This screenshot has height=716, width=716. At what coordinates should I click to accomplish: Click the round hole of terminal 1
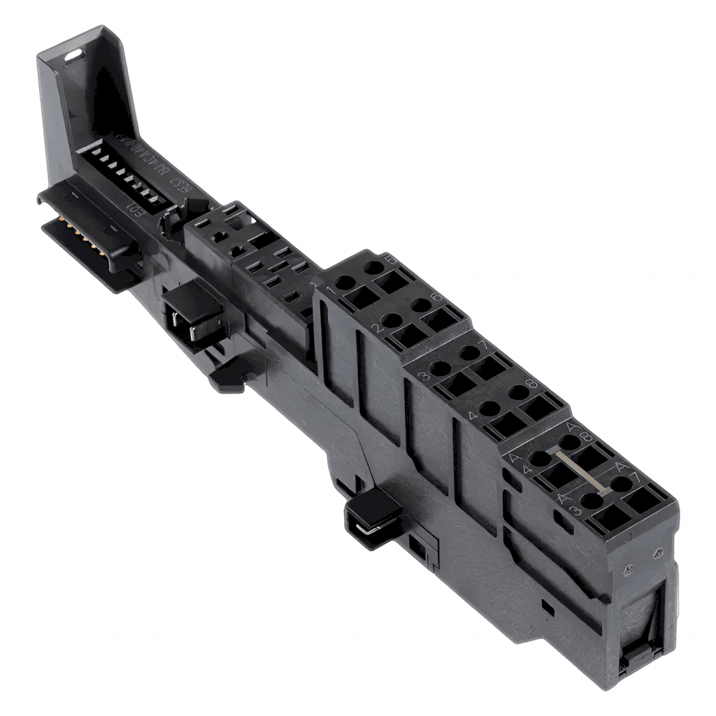[345, 284]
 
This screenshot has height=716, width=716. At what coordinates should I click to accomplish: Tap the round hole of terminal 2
[392, 321]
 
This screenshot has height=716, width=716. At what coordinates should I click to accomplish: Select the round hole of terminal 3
[440, 368]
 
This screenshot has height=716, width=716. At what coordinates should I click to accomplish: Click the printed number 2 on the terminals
[375, 329]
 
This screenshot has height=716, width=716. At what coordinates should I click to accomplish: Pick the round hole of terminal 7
[469, 350]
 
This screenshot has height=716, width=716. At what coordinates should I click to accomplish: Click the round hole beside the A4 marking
[540, 459]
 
